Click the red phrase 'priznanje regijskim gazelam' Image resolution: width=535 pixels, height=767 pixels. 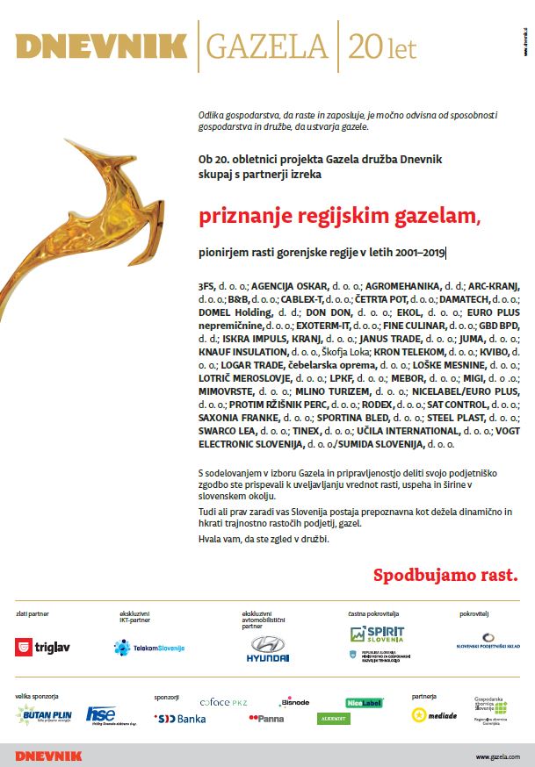[x=338, y=216]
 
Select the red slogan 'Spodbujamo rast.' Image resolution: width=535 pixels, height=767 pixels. [x=446, y=576]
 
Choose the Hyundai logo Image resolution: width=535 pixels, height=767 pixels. [x=266, y=650]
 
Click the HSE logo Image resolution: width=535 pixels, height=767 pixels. [x=101, y=714]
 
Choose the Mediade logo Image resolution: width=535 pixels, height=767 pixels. [x=434, y=714]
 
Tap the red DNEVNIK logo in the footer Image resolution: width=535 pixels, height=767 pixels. [x=48, y=756]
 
